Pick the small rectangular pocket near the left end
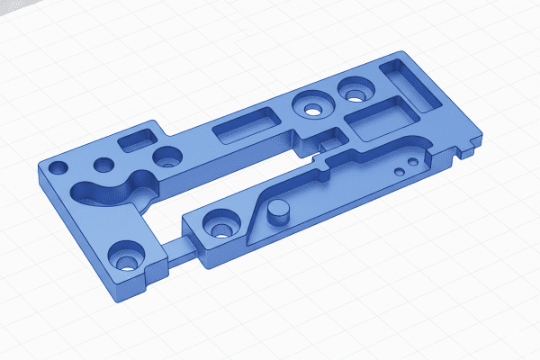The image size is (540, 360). (x=139, y=138)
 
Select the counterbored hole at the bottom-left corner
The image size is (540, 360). (x=124, y=258)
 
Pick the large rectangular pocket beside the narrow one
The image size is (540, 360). (x=379, y=120)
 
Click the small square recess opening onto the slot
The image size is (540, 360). (x=328, y=139)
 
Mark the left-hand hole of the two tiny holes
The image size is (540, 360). (x=398, y=169)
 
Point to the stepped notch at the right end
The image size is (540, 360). (x=468, y=148)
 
